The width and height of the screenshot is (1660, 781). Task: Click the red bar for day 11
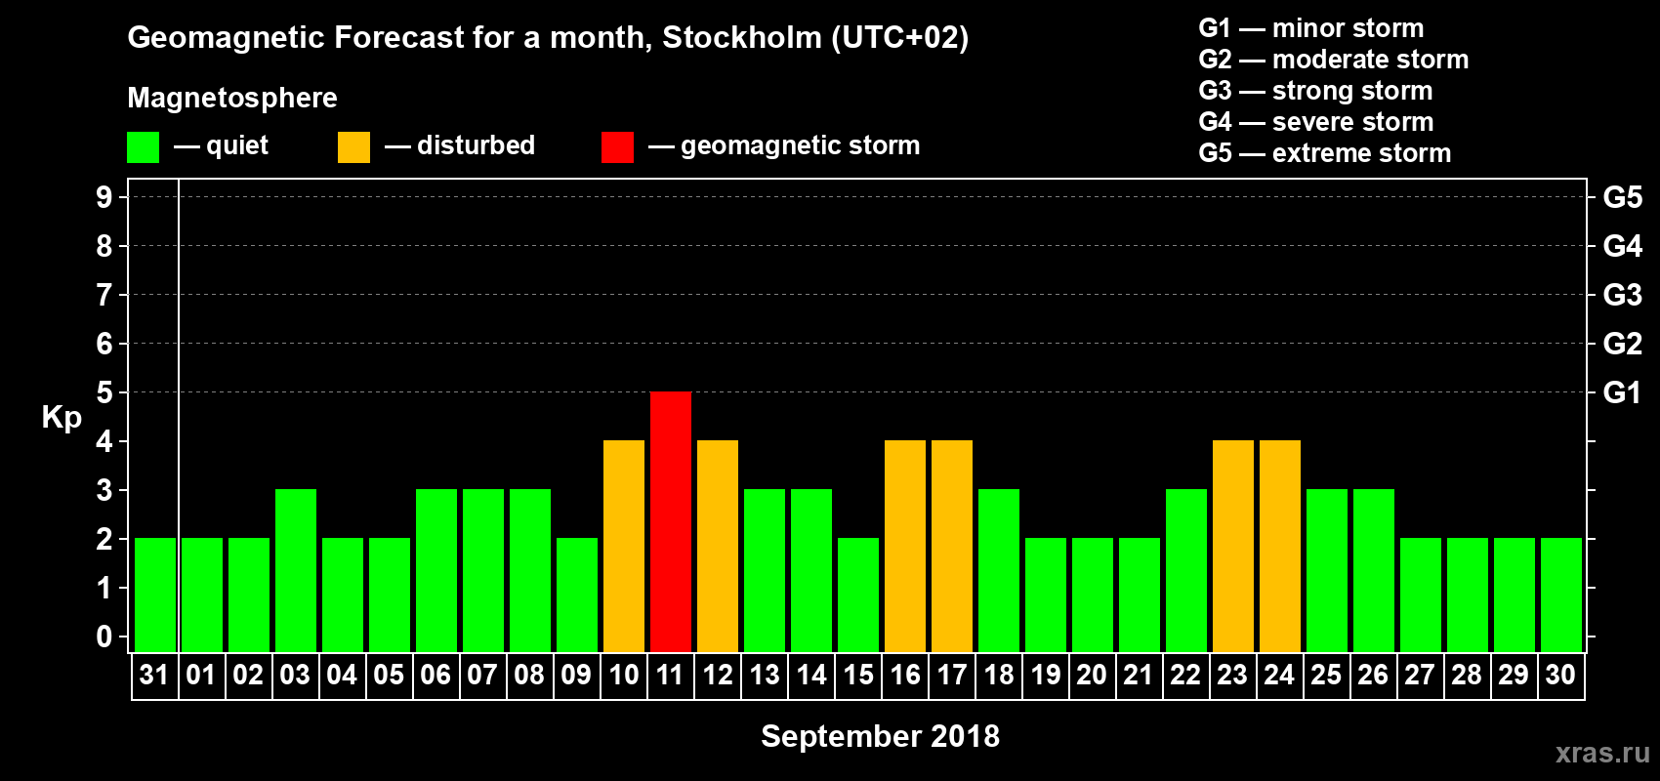(x=671, y=521)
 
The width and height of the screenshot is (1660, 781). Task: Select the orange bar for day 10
(x=624, y=546)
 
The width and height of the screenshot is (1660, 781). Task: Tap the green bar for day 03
(x=296, y=570)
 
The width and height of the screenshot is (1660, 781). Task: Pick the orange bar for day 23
(x=1233, y=546)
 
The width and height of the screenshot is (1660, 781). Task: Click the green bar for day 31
(x=155, y=595)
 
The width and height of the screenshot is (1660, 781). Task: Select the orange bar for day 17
(x=952, y=546)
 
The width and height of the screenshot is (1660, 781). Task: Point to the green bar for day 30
(x=1561, y=595)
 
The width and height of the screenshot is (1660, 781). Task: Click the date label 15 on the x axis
(x=858, y=675)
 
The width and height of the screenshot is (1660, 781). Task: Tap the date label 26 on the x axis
(x=1373, y=675)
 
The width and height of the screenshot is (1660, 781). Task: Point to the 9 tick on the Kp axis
(x=104, y=197)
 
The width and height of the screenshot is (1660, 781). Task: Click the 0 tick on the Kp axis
(x=104, y=637)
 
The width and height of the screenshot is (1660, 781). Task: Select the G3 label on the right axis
(x=1622, y=295)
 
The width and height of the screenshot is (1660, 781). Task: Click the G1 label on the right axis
(x=1622, y=392)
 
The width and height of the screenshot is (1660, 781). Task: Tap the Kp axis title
(x=62, y=417)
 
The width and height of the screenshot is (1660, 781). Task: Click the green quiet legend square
(x=144, y=147)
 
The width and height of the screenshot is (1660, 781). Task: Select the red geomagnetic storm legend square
(x=617, y=147)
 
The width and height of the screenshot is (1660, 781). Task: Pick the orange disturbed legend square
(x=353, y=147)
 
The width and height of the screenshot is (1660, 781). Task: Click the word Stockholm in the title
(x=742, y=38)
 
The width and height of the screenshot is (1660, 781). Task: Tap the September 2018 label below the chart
(x=880, y=736)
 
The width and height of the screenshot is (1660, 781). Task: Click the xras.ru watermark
(x=1602, y=753)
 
